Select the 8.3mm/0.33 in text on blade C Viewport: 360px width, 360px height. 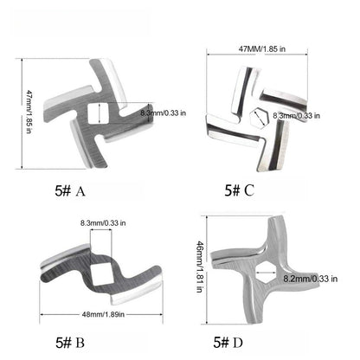pos(295,114)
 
